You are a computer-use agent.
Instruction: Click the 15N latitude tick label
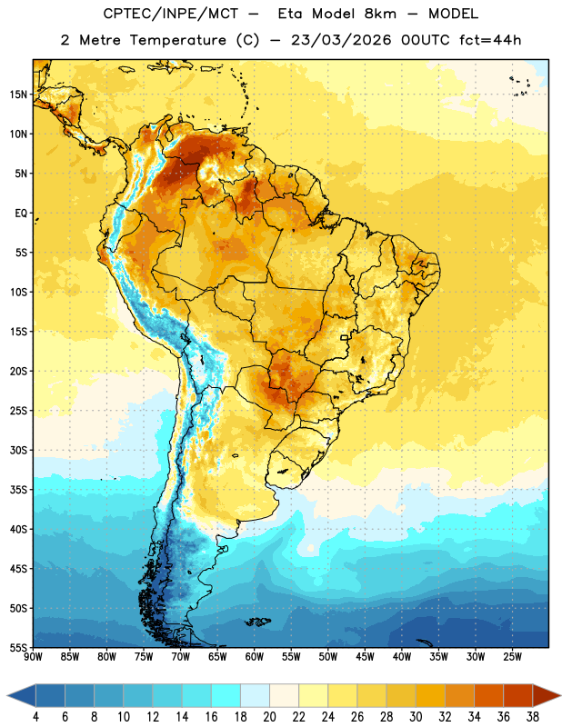[x=18, y=95]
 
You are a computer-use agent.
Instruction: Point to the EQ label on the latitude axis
[x=21, y=214]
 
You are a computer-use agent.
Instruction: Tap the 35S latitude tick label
[x=18, y=490]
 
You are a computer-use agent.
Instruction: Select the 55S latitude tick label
[x=18, y=648]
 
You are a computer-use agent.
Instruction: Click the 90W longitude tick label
[x=33, y=657]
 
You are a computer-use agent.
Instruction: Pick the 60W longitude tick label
[x=255, y=657]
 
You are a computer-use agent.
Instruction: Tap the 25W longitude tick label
[x=512, y=657]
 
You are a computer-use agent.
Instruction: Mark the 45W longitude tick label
[x=365, y=657]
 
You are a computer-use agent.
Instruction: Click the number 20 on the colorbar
[x=269, y=717]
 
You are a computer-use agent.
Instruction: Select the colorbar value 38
[x=533, y=717]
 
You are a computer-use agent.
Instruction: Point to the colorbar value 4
[x=35, y=717]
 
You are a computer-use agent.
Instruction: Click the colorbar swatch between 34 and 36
[x=488, y=695]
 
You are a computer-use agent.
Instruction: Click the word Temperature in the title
[x=177, y=40]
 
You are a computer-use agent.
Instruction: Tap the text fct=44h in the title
[x=490, y=40]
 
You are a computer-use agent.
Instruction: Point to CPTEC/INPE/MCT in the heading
[x=171, y=14]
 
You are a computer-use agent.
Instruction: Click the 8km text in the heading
[x=380, y=14]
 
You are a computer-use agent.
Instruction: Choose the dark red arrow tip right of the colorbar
[x=547, y=695]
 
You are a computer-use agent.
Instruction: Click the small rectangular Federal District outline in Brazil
[x=345, y=337]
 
